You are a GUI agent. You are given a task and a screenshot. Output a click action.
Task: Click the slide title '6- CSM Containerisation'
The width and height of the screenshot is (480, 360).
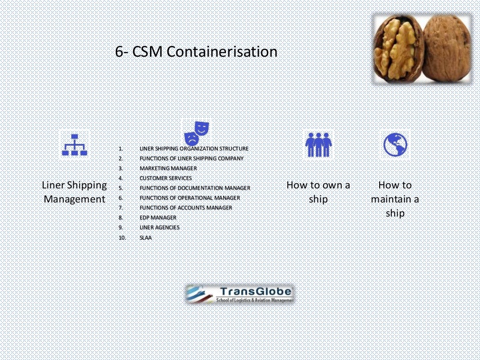(196, 52)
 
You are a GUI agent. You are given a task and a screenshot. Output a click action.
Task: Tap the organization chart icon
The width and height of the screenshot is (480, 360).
(75, 144)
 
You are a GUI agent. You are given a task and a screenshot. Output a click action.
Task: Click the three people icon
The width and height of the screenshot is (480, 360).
(318, 144)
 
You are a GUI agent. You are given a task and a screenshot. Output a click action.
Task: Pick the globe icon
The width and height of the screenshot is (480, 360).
(395, 144)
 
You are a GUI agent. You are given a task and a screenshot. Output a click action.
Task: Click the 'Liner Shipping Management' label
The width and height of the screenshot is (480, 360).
(75, 192)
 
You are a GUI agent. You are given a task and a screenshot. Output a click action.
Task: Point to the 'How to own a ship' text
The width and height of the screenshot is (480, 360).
(318, 192)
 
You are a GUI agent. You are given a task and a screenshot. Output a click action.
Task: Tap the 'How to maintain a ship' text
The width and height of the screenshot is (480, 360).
(395, 199)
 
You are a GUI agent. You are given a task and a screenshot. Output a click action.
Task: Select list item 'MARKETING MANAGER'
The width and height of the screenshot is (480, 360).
(168, 168)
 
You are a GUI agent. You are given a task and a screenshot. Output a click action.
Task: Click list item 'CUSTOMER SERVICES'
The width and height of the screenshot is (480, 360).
(165, 178)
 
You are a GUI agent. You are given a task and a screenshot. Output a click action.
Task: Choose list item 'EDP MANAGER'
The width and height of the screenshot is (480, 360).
(158, 217)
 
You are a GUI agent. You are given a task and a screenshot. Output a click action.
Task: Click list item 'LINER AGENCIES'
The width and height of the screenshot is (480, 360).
(159, 227)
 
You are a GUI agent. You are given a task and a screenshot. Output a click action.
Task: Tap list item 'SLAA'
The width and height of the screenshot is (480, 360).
(146, 238)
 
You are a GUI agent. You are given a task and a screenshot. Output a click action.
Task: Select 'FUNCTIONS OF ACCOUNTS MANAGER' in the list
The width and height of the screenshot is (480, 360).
(186, 208)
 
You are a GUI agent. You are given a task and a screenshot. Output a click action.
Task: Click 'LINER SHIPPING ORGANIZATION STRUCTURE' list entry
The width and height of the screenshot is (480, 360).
(194, 149)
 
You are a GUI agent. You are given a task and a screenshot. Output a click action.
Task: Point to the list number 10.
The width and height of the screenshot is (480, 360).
(122, 238)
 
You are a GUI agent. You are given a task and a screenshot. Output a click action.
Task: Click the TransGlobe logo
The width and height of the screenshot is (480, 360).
(240, 294)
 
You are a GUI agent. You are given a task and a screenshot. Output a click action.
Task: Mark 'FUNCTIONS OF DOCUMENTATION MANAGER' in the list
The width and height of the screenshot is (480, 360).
(195, 188)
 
